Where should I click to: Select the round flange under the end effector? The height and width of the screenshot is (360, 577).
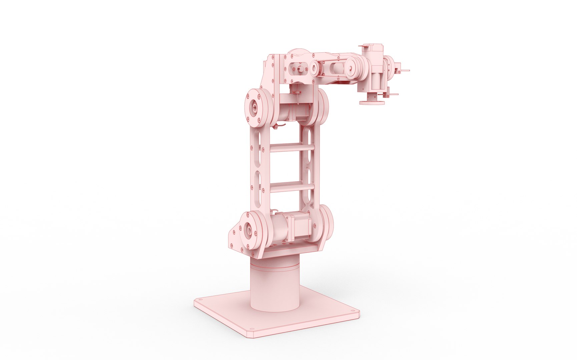point(372,101)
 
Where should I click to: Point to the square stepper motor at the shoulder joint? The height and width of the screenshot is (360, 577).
point(300,228)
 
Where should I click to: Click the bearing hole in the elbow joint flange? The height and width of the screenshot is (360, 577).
point(254,108)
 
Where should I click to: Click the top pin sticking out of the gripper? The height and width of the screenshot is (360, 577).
point(404,71)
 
